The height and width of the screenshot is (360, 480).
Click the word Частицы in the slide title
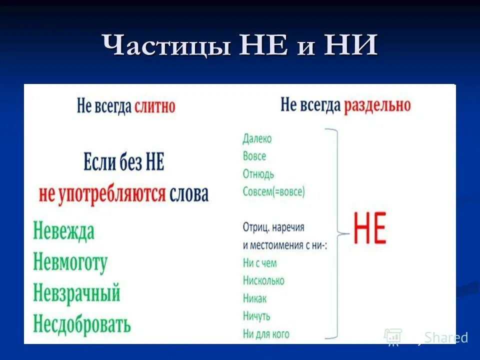[x=167, y=46]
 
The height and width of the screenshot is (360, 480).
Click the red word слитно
[x=154, y=106]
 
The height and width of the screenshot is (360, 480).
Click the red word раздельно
[x=377, y=105]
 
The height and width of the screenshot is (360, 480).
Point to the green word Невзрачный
[x=76, y=293]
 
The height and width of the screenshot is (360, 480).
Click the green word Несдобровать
[x=82, y=324]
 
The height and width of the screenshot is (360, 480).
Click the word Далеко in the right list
[x=257, y=139]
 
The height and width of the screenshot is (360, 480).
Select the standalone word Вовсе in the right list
[x=254, y=156]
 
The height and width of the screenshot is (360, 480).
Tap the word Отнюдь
[x=258, y=174]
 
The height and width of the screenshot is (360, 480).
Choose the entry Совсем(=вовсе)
[x=273, y=191]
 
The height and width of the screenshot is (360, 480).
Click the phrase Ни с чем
[x=259, y=263]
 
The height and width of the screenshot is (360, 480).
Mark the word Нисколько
[x=263, y=280]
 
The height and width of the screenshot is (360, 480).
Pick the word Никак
[x=255, y=298]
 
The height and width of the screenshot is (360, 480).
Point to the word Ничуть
[x=256, y=316]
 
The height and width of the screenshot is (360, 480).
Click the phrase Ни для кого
[x=266, y=334]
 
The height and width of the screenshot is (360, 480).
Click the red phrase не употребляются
[x=102, y=194]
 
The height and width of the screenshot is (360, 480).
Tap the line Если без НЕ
[x=123, y=162]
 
